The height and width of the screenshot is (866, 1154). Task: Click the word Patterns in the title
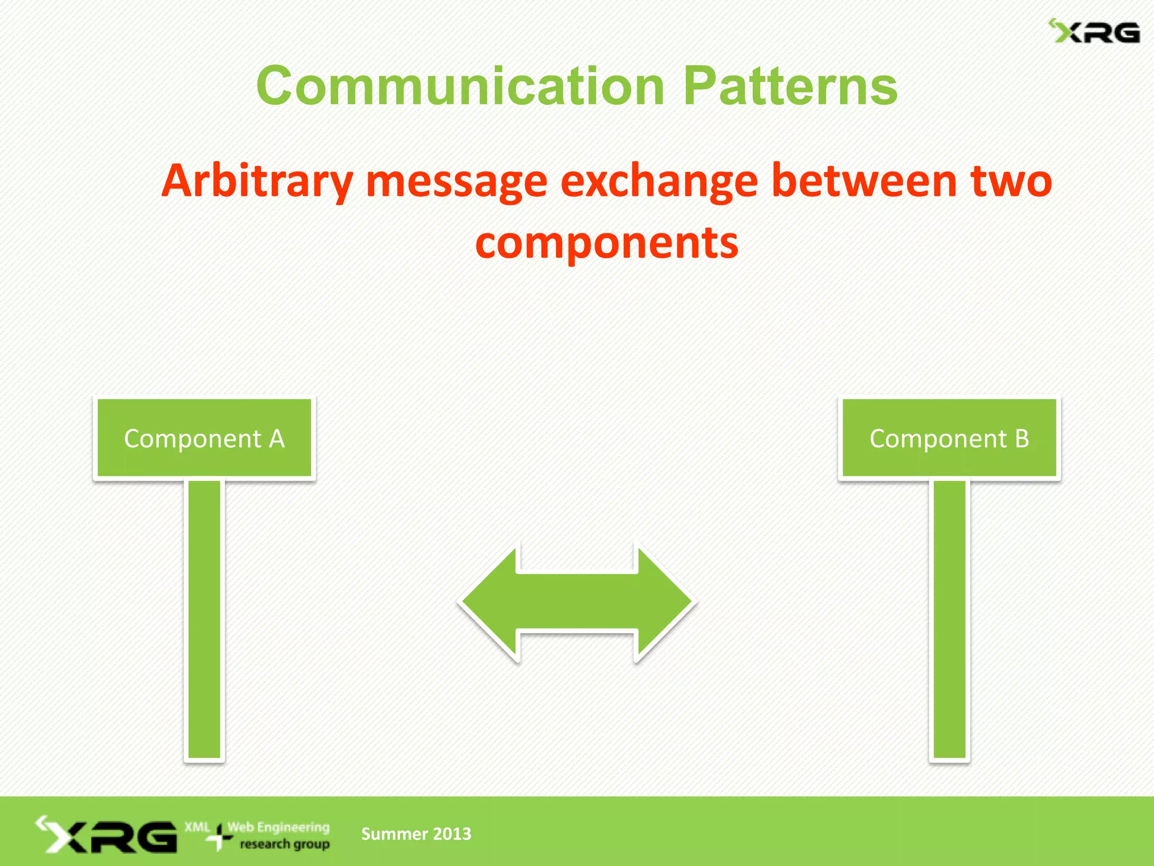[790, 86]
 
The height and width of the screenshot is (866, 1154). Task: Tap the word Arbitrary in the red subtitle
[257, 182]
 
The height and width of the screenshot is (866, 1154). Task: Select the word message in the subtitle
[456, 182]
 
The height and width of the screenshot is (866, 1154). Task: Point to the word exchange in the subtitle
[659, 182]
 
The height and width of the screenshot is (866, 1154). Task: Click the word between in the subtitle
[863, 182]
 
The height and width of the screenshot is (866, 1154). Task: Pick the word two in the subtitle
[1011, 182]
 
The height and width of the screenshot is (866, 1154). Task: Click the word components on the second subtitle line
[606, 244]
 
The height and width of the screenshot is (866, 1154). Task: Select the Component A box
[204, 438]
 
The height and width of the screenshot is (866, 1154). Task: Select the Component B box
[949, 438]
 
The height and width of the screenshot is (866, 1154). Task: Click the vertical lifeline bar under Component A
[204, 620]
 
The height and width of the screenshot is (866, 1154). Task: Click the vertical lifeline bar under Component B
[949, 620]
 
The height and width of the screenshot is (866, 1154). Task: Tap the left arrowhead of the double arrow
[490, 602]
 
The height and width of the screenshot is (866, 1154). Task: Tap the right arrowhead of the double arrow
[665, 602]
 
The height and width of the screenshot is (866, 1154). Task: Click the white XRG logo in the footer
[107, 835]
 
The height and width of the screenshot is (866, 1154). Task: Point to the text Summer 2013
[416, 834]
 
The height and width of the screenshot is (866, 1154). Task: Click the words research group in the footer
[285, 844]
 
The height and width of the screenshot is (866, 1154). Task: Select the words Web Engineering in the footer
[278, 827]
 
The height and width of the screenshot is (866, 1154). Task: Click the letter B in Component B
[1022, 439]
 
